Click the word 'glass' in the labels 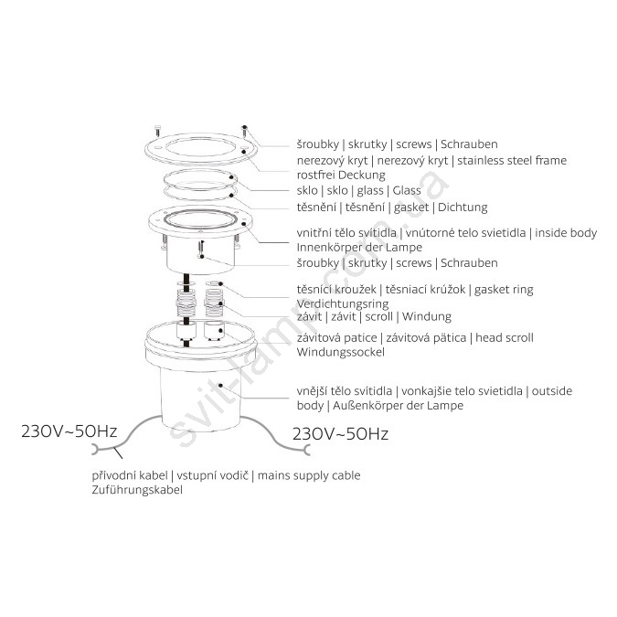coord(370,191)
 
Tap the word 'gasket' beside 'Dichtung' coord(411,207)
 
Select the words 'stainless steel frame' coord(512,160)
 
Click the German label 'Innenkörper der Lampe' coord(359,248)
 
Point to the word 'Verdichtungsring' coord(343,303)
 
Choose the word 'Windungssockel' coord(340,352)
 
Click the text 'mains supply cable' coord(309,475)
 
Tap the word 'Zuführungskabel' coord(137,490)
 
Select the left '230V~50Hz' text coord(69,431)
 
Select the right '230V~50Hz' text coord(340,434)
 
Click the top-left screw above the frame coord(158,130)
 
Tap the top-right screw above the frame coord(244,131)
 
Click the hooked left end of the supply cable coord(95,450)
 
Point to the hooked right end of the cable coord(307,450)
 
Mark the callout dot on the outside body coord(221,385)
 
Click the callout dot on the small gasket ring coord(221,283)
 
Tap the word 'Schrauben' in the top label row coord(469,144)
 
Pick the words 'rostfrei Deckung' coord(341,175)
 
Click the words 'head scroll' coord(505,337)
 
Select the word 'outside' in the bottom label coord(552,391)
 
